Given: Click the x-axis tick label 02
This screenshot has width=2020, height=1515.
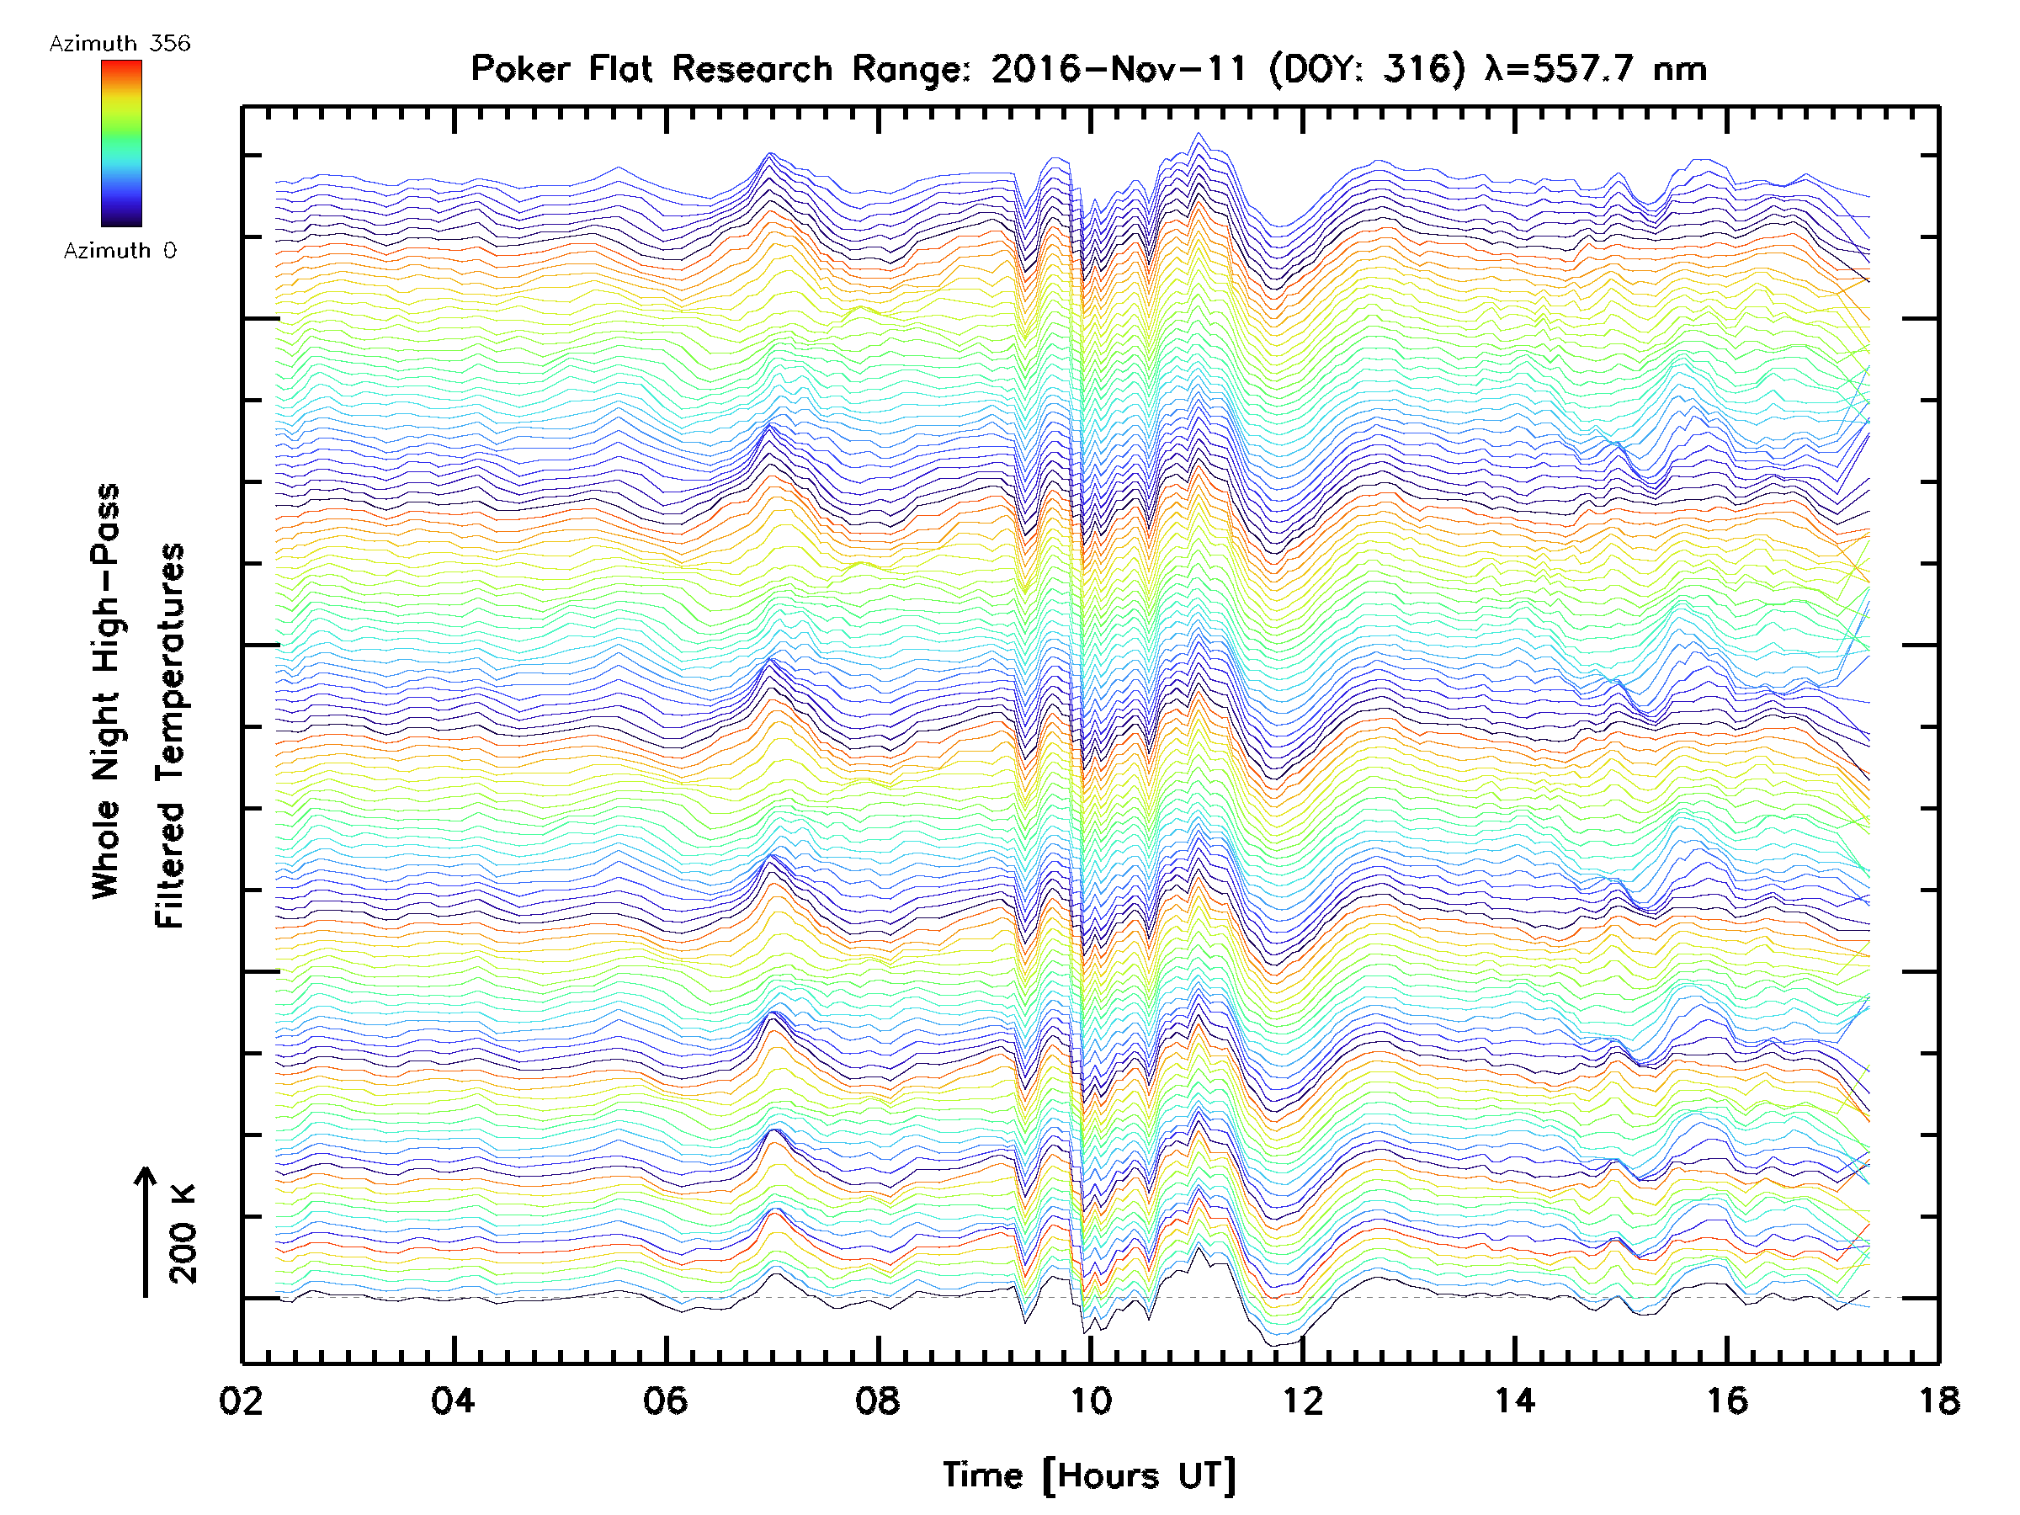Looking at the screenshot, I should tap(241, 1400).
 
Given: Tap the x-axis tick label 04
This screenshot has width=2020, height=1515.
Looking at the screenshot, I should tap(453, 1400).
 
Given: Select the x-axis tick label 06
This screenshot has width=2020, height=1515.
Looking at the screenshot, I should tap(665, 1400).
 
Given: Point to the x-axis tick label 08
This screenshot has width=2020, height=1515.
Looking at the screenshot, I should tap(878, 1400).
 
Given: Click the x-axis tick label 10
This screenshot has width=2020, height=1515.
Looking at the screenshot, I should tap(1090, 1400).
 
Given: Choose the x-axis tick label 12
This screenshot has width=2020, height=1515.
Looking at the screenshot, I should tap(1302, 1400).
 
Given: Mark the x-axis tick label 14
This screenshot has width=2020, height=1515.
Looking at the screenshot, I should tap(1515, 1400).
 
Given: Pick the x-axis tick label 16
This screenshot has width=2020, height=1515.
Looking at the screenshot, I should tap(1727, 1400).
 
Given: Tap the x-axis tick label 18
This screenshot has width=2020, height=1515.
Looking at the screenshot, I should tap(1938, 1400).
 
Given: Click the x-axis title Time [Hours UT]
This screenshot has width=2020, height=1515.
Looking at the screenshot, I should tap(1089, 1475).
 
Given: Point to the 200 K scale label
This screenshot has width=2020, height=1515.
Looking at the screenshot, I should tap(183, 1234).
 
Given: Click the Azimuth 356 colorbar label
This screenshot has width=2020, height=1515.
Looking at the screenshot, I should tap(120, 44).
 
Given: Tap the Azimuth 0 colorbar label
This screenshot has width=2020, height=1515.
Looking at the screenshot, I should tap(120, 250).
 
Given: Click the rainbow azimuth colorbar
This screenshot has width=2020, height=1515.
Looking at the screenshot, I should tap(121, 142).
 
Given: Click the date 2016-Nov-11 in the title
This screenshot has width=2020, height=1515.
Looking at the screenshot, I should tap(1119, 68).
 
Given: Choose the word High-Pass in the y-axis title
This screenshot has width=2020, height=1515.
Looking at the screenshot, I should tap(106, 578).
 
